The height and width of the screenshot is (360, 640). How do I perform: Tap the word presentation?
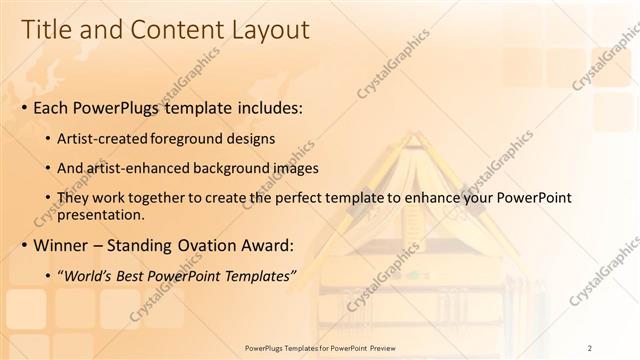(100, 214)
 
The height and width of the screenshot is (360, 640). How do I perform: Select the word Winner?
(60, 244)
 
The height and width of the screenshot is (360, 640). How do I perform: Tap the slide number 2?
(590, 347)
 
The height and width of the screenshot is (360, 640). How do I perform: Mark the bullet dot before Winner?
(23, 245)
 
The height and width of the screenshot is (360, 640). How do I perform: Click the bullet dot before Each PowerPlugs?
(23, 105)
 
